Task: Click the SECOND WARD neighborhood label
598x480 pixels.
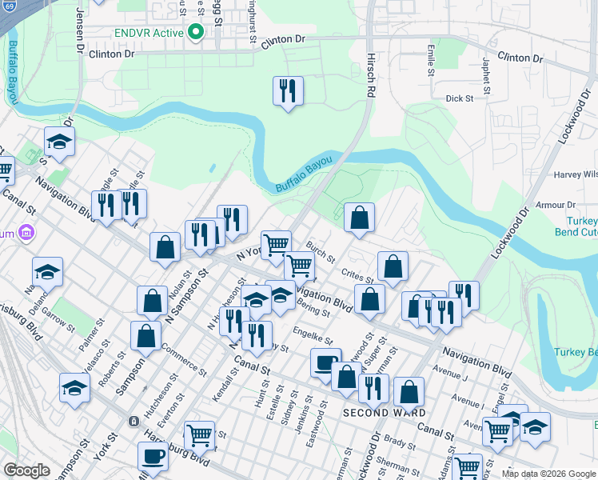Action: point(375,413)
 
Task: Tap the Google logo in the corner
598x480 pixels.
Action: point(26,470)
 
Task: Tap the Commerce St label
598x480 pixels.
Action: point(184,358)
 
